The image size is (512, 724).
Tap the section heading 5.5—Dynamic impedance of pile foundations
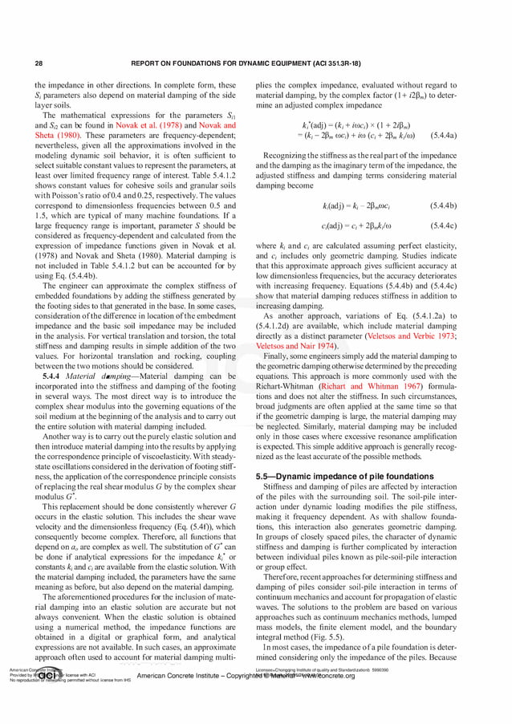tap(345, 476)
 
